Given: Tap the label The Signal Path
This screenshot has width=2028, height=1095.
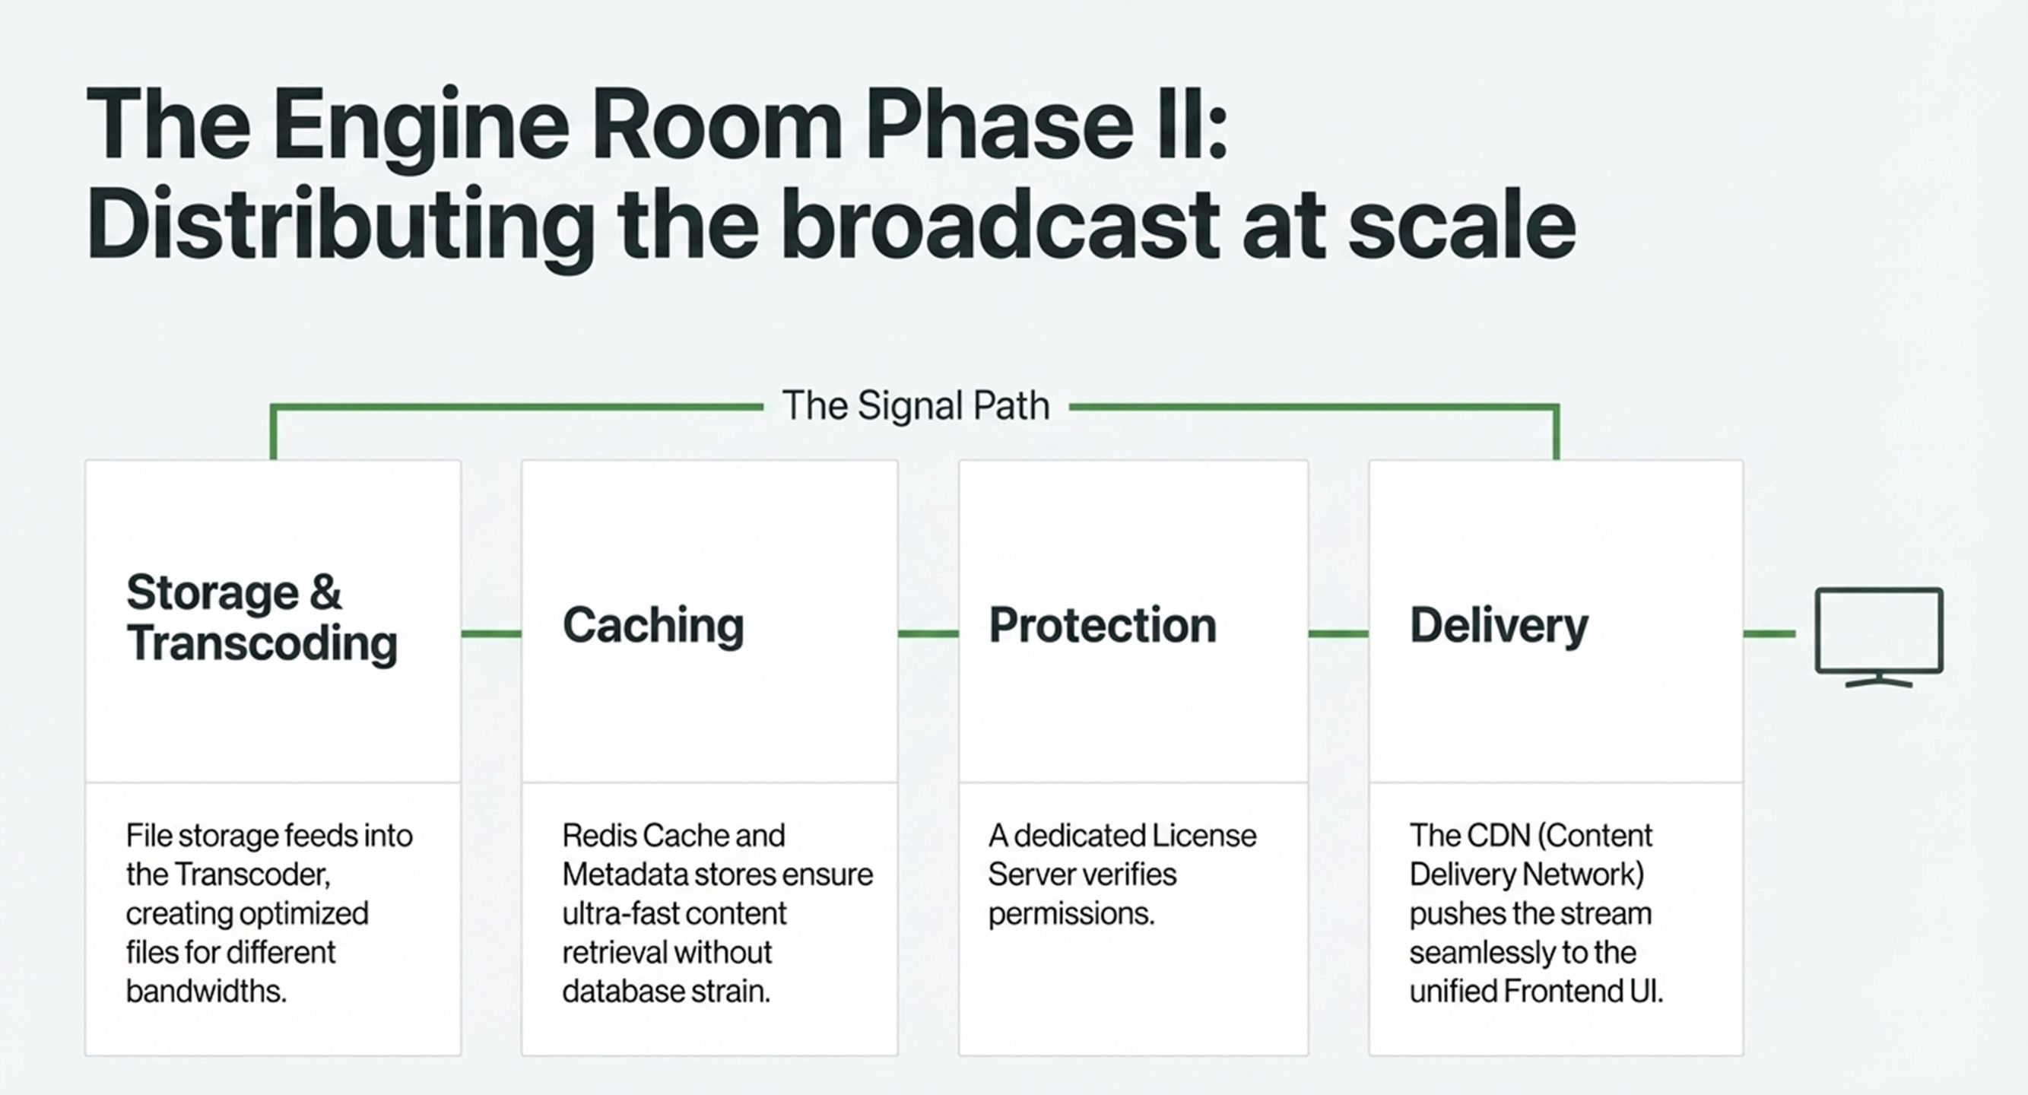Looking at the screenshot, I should coord(916,406).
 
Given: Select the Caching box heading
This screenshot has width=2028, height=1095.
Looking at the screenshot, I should coord(652,626).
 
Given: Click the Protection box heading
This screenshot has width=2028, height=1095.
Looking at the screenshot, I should coord(1102,626).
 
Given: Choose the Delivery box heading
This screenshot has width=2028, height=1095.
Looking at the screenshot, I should coord(1498,626).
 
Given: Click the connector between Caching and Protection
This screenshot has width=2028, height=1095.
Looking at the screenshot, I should coord(928,633).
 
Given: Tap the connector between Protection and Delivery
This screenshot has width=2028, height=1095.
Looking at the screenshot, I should coord(1338,633).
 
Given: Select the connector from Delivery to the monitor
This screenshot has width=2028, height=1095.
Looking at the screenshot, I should coord(1769,633).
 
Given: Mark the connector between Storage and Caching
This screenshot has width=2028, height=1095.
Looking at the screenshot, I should coord(490,633).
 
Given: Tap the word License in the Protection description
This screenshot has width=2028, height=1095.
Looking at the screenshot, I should coord(1204,835).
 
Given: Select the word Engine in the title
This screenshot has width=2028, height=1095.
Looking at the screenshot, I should coord(421,126).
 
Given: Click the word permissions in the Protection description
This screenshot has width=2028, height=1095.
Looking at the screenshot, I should coord(1071,914).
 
